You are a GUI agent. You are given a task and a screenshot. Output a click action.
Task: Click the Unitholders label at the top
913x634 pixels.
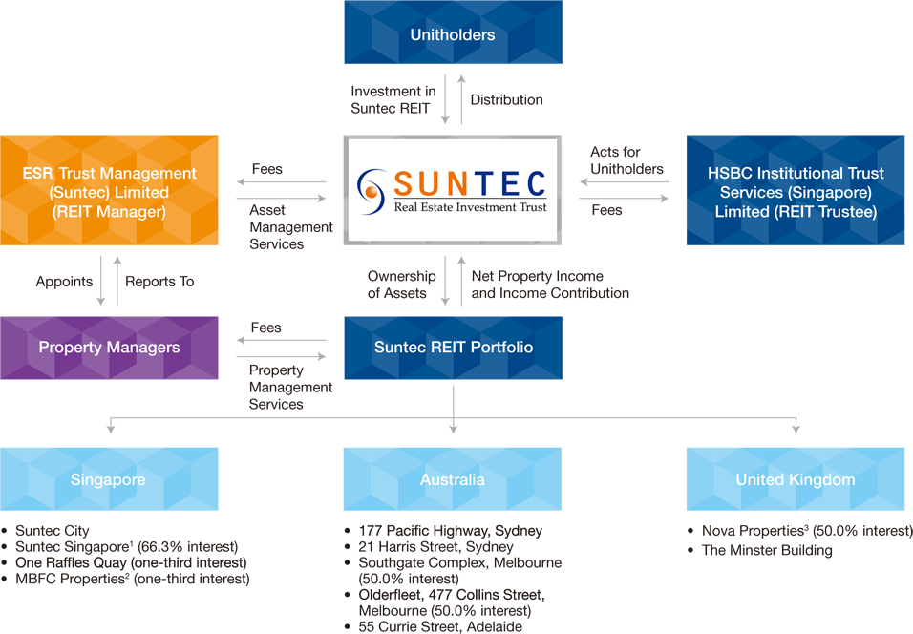tap(453, 35)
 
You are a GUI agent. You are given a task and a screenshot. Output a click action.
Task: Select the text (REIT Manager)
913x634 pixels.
tap(109, 212)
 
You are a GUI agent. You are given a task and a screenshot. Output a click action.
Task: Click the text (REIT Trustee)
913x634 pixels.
tap(796, 212)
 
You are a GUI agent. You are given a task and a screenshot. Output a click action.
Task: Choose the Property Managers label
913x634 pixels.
tap(109, 347)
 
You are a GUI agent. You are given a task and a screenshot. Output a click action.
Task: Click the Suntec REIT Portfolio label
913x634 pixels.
tap(454, 347)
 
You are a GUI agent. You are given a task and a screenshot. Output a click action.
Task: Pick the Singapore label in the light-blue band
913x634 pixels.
tap(108, 479)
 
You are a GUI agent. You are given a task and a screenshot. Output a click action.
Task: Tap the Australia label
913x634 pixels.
tap(453, 479)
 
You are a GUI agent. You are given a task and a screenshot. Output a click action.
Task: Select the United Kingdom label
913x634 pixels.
tap(795, 479)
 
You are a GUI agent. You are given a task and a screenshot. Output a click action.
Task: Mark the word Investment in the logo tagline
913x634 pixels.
tap(490, 207)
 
